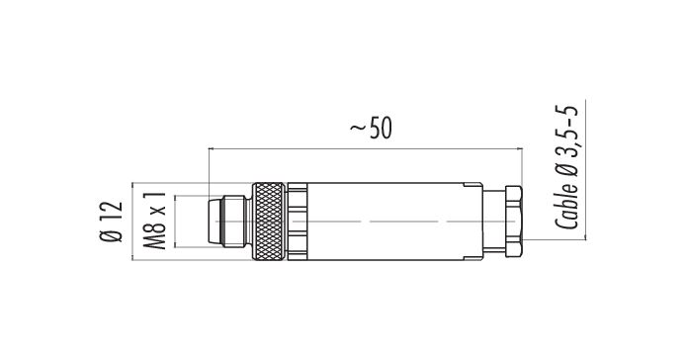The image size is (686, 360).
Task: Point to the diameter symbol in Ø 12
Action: point(110,237)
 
